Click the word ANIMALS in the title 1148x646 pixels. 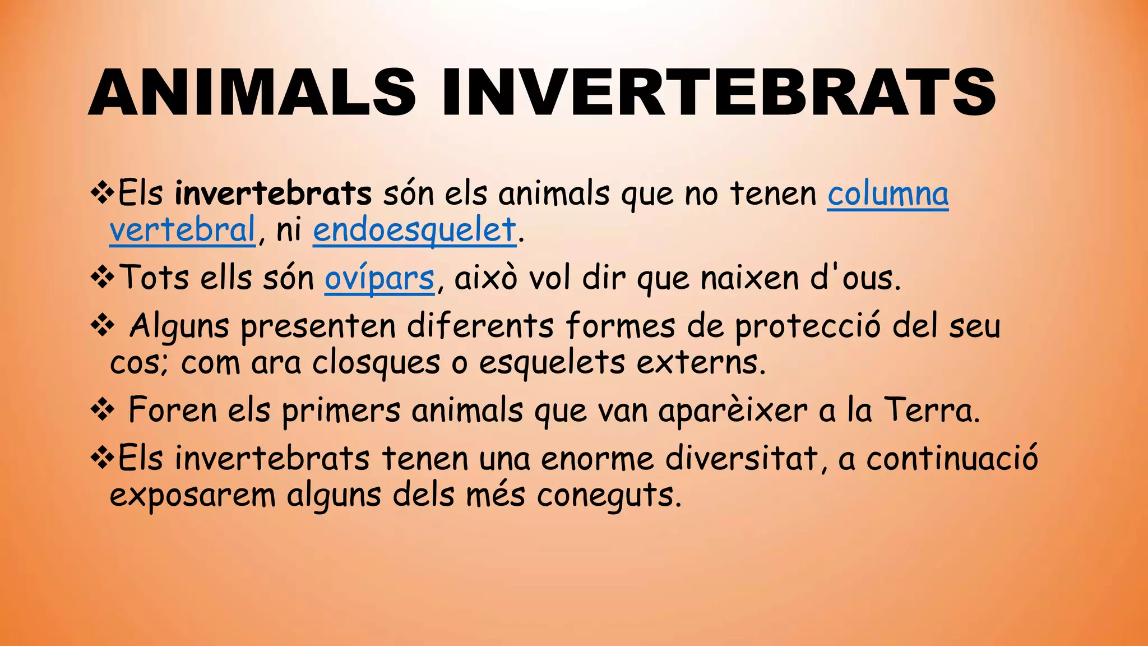[x=252, y=93]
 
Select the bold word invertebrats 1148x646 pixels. [x=273, y=193]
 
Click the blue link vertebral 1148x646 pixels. [x=183, y=230]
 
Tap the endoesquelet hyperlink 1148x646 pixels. [x=414, y=230]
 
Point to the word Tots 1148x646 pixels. [x=155, y=278]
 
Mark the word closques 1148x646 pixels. [x=376, y=363]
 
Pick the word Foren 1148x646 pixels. [x=172, y=410]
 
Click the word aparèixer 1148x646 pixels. [x=733, y=411]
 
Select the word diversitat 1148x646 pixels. [x=742, y=458]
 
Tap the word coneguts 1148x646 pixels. [x=609, y=496]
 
